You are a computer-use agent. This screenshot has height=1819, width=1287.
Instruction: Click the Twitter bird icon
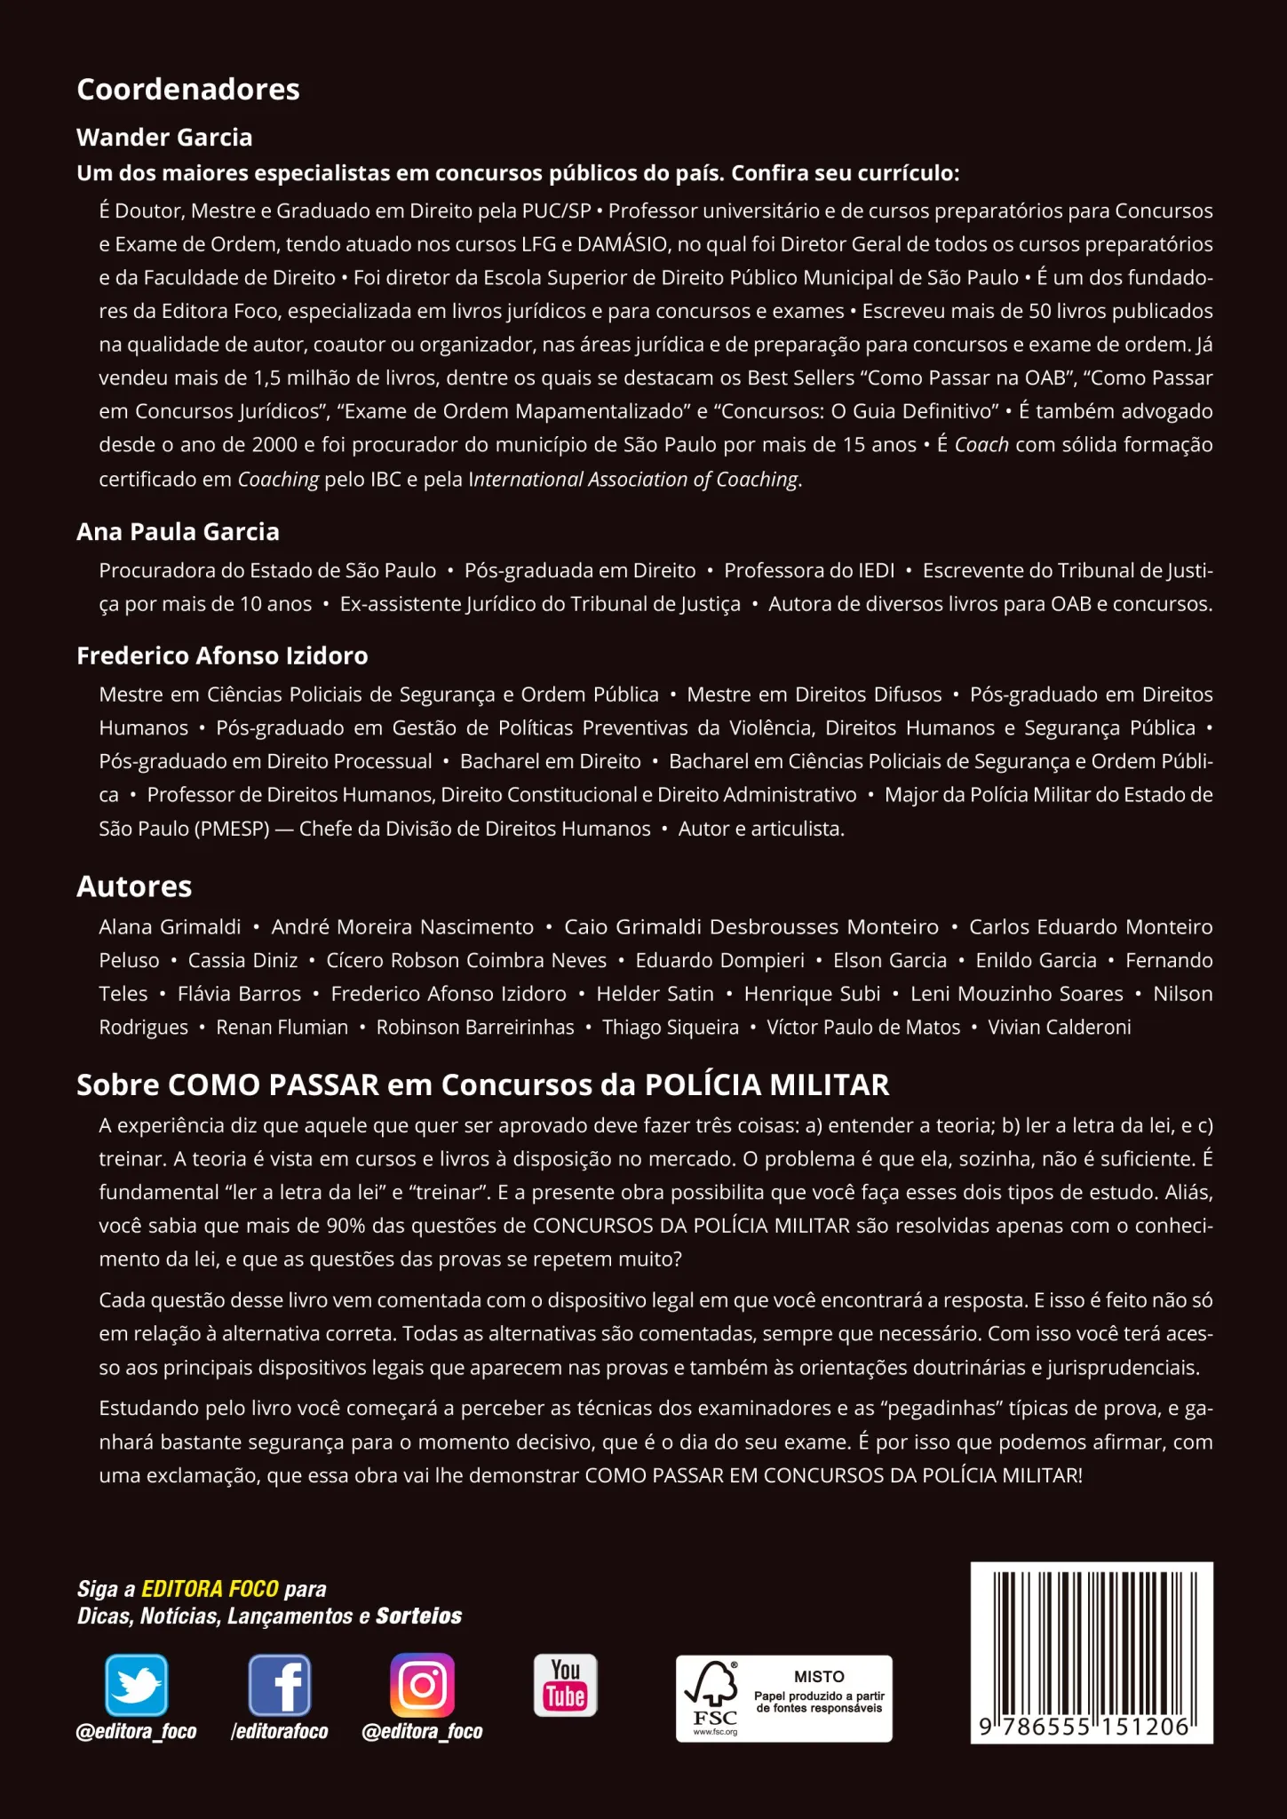tap(136, 1684)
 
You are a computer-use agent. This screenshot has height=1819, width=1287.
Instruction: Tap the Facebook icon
tap(280, 1684)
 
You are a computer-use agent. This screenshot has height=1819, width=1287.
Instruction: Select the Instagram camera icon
tap(423, 1684)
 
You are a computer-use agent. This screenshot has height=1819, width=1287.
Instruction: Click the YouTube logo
tap(565, 1684)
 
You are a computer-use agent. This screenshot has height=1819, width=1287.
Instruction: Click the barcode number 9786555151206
tap(1092, 1726)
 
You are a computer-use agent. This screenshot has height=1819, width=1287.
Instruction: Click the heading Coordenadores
tap(188, 89)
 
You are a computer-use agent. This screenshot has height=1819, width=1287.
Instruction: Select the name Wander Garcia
tap(164, 137)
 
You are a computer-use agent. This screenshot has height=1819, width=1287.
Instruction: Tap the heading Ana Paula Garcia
tap(178, 531)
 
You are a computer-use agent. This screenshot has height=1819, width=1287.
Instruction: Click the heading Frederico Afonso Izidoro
tap(222, 655)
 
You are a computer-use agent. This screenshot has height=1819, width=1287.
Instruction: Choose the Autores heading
tap(134, 886)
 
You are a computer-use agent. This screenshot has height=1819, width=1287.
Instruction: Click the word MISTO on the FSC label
tap(819, 1676)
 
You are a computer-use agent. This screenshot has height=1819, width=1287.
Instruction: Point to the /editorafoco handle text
tap(280, 1731)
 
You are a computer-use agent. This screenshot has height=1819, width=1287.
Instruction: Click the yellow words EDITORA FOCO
tap(211, 1589)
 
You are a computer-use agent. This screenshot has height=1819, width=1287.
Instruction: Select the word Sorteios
tap(419, 1616)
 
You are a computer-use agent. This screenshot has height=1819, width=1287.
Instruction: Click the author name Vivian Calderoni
tap(1060, 1028)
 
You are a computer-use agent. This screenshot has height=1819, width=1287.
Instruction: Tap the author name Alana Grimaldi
tap(170, 926)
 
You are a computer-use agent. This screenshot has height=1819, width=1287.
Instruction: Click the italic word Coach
tap(981, 444)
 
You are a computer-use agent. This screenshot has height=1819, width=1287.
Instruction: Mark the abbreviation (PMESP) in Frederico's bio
tap(228, 829)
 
